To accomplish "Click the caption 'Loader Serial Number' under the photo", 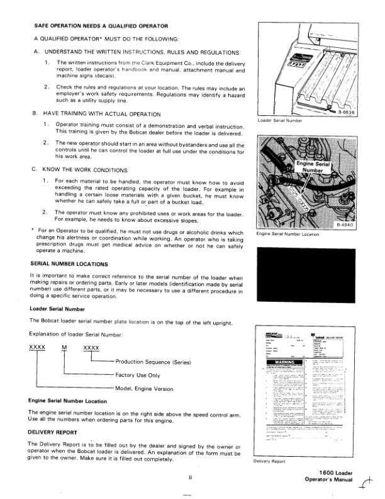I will pyautogui.click(x=281, y=120).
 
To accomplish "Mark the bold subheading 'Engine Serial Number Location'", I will pyautogui.click(x=67, y=401).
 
